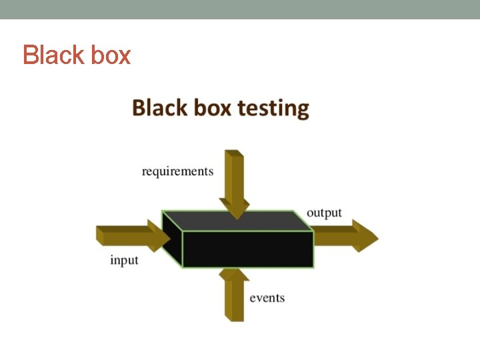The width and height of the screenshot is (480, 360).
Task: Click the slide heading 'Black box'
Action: point(77,55)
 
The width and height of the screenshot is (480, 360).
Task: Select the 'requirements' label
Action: point(177,171)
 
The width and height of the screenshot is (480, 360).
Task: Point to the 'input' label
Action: point(124,260)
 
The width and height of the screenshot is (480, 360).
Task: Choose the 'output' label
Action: point(324,213)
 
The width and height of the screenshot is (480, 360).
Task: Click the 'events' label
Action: point(267,297)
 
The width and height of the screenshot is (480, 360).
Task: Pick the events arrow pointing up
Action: point(234,300)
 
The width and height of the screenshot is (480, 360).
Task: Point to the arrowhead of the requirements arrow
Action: point(235,208)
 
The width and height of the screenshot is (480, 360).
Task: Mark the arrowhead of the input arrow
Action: point(160,235)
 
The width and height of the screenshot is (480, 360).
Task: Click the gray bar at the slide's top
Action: point(240,9)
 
